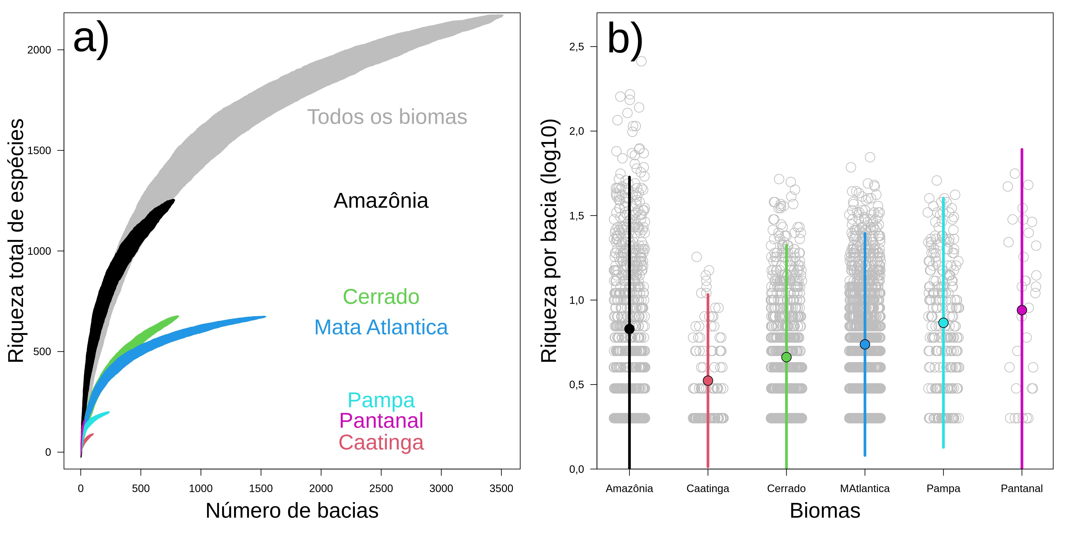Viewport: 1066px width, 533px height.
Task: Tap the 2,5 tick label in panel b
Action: (576, 47)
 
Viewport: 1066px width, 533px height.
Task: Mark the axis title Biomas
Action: (825, 511)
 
